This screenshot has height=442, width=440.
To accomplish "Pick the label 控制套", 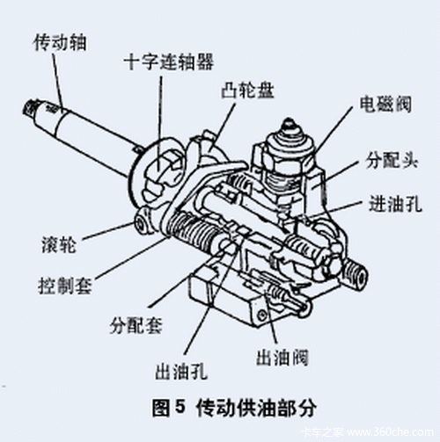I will [67, 286].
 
